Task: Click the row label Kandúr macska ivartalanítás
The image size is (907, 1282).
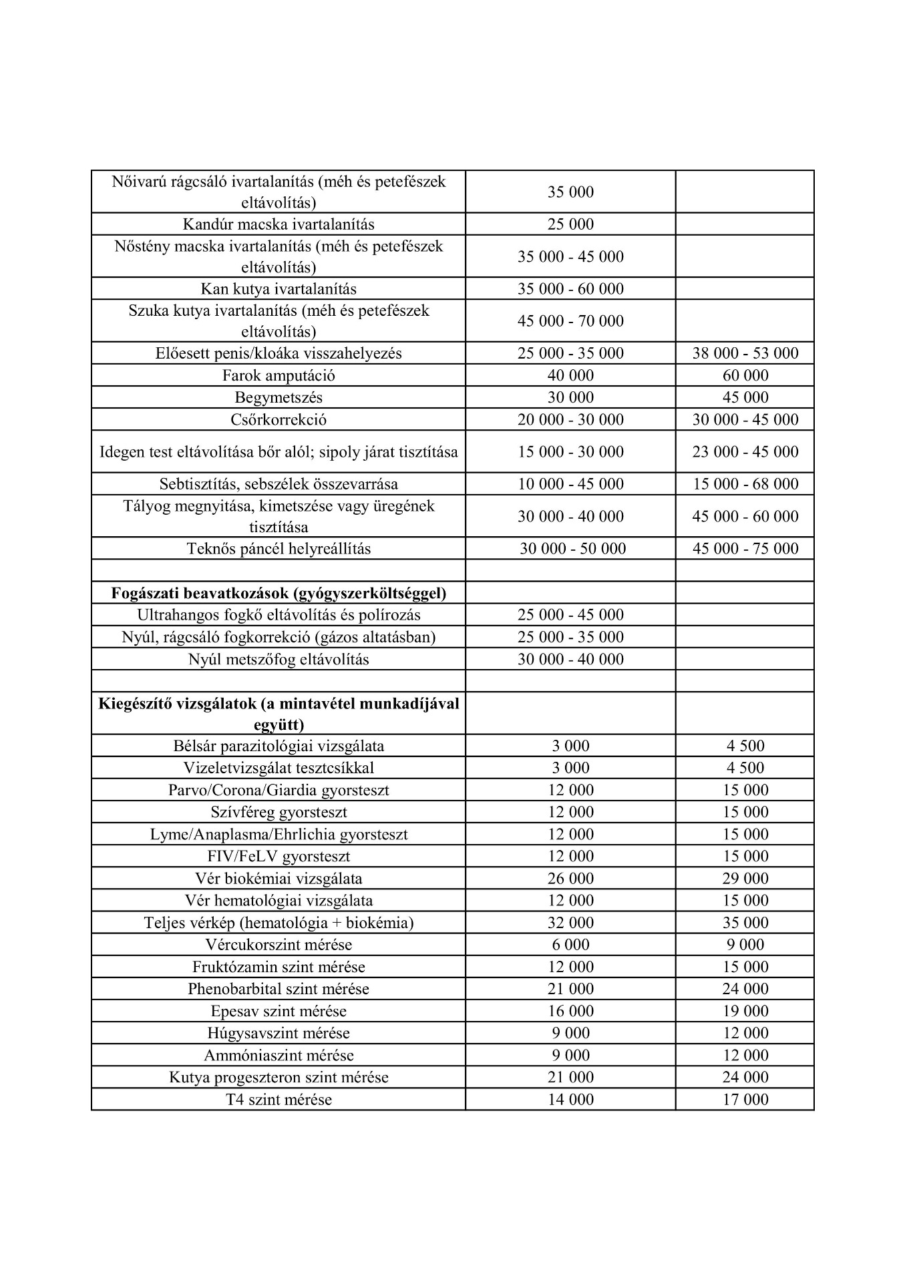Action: (x=279, y=224)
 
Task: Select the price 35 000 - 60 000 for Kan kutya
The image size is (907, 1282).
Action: (x=570, y=289)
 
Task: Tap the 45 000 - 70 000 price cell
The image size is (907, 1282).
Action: (x=570, y=321)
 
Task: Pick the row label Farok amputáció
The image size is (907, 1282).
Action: (x=279, y=375)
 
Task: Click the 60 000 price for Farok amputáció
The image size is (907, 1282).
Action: (x=745, y=375)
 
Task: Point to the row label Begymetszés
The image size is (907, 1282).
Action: (x=279, y=397)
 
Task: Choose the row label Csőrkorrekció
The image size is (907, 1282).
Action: (x=279, y=419)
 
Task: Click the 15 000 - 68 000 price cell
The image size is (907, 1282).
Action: (x=745, y=484)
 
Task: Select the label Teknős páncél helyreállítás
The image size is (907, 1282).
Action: (x=279, y=549)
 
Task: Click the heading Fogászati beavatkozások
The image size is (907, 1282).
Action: (x=279, y=593)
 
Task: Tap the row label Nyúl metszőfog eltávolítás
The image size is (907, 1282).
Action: (x=279, y=660)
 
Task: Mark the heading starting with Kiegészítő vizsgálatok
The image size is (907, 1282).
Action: (x=279, y=714)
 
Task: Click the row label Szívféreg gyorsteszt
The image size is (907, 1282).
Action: (x=279, y=813)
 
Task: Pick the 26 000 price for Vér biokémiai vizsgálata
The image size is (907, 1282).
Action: (x=570, y=879)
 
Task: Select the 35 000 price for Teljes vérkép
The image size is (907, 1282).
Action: (x=745, y=923)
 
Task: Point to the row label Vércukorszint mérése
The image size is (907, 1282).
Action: (x=279, y=945)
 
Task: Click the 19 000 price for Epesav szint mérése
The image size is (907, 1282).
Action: (x=745, y=1011)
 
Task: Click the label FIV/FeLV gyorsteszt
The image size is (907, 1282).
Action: (x=279, y=857)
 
